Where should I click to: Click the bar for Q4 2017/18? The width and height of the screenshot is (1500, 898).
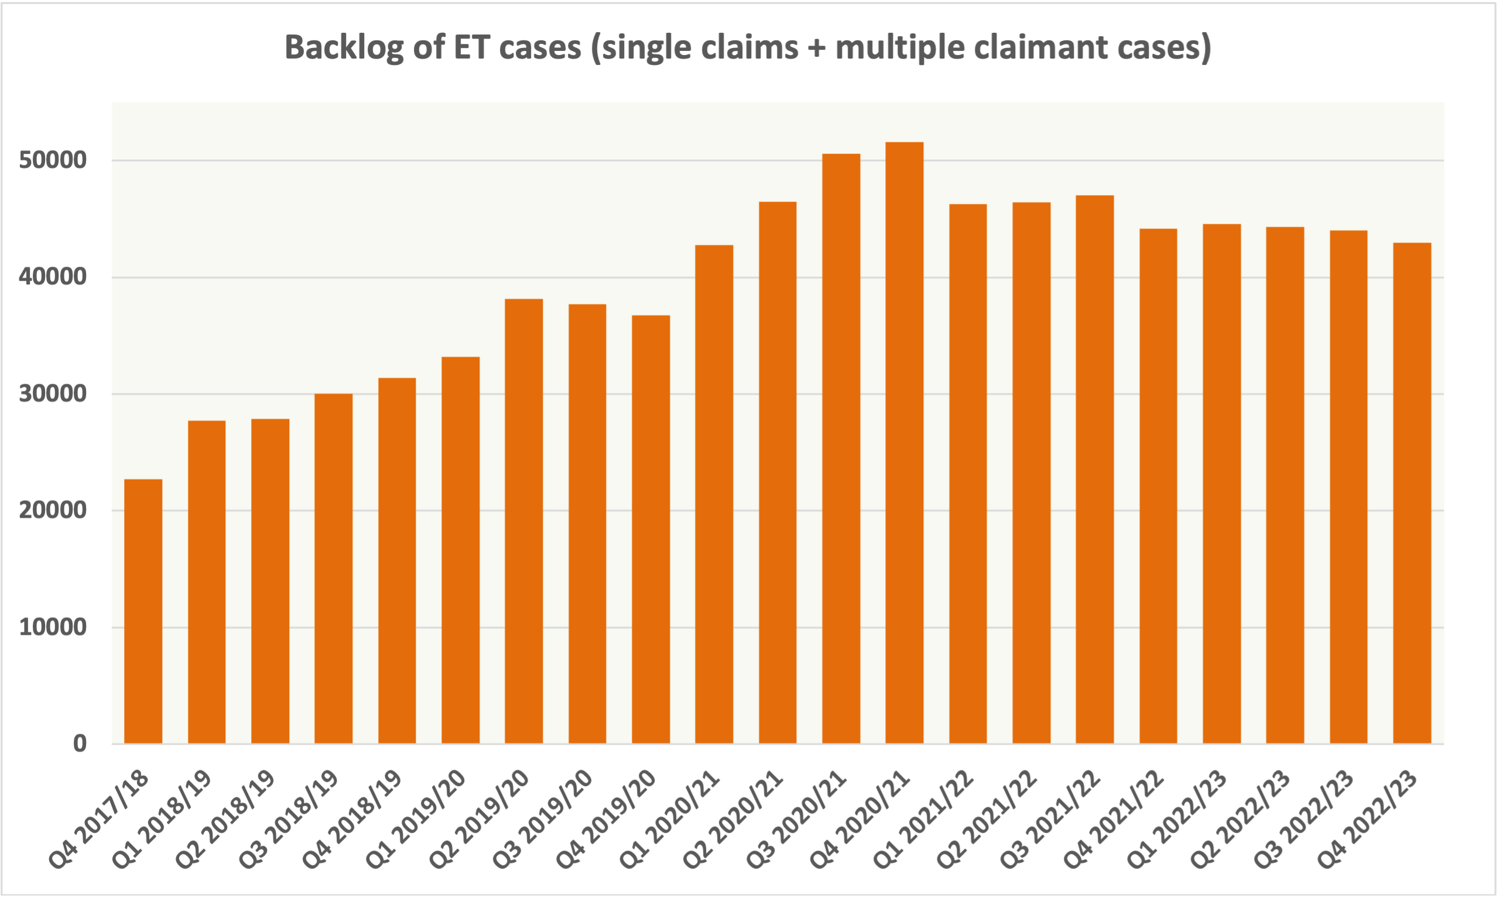click(143, 611)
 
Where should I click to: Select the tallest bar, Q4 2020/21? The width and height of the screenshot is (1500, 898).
click(904, 442)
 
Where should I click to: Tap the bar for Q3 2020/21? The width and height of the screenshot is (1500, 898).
click(841, 448)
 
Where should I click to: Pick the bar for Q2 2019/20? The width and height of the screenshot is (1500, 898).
click(524, 521)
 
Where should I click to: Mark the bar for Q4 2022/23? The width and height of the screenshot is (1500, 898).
click(1412, 493)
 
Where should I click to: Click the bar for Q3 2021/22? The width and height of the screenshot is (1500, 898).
click(1094, 469)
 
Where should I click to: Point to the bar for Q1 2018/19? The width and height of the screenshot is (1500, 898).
click(207, 582)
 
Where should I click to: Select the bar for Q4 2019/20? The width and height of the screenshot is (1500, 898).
click(650, 529)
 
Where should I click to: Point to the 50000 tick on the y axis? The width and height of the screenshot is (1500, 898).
click(53, 161)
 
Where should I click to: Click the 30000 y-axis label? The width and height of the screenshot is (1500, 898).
click(53, 394)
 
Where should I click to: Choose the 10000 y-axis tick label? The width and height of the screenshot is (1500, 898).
click(53, 628)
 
